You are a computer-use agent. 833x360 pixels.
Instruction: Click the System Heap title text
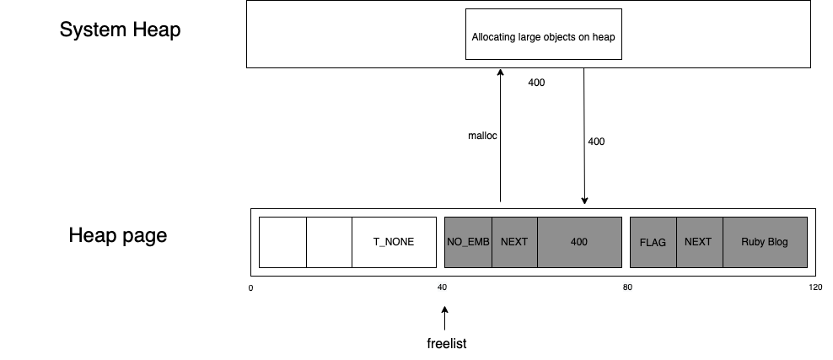(x=120, y=30)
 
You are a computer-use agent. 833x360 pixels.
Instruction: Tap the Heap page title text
(x=117, y=236)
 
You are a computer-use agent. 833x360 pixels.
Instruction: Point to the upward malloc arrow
(x=500, y=135)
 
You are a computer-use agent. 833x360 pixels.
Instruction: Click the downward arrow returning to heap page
(x=584, y=135)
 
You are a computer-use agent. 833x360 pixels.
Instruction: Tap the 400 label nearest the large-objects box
(x=536, y=83)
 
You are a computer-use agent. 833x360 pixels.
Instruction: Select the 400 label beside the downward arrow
(x=595, y=142)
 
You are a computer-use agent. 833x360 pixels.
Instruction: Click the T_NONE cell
(x=393, y=242)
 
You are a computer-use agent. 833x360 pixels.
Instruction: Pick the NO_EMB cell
(x=468, y=242)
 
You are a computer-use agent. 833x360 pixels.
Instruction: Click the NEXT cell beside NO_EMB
(x=514, y=242)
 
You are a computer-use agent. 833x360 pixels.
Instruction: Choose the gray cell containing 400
(x=579, y=242)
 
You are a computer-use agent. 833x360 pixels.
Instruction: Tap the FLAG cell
(x=653, y=242)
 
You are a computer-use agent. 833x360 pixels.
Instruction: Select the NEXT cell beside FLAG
(x=698, y=242)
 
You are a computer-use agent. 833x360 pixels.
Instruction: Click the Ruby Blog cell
(x=764, y=242)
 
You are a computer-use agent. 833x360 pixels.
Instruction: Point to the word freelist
(x=446, y=344)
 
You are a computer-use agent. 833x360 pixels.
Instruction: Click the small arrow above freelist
(x=444, y=319)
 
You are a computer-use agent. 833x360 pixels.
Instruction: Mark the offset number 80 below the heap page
(x=627, y=287)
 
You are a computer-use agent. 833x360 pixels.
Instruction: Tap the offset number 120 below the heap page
(x=814, y=287)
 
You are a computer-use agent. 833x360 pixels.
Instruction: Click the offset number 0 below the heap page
(x=250, y=287)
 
